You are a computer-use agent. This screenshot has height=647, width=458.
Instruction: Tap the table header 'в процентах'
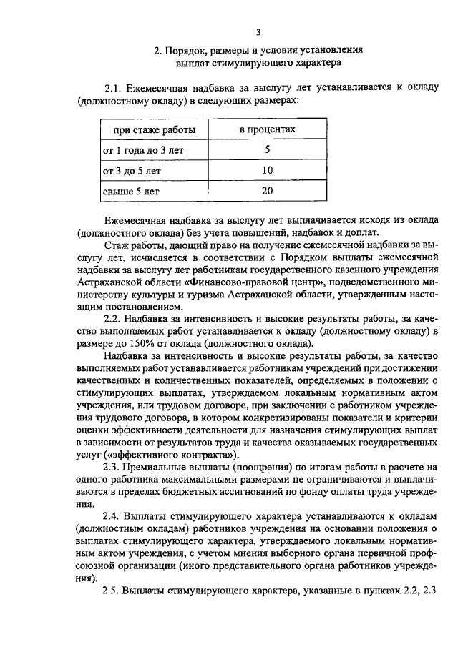[267, 129]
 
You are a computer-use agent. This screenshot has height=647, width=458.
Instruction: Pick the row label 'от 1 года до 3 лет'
[141, 150]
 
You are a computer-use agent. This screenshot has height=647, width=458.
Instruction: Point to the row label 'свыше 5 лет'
[127, 192]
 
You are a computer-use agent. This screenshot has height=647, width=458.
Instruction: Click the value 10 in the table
[267, 171]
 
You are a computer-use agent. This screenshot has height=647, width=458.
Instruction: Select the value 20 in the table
[267, 192]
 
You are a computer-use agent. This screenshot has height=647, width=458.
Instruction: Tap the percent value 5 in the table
[267, 150]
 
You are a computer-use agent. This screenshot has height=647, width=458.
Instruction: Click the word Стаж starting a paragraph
[117, 245]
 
